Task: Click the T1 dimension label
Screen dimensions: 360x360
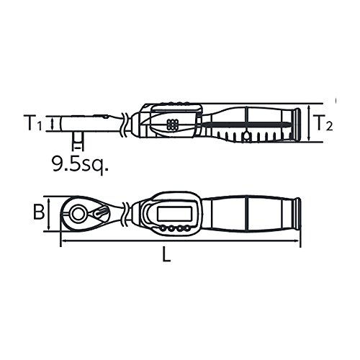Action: [x=32, y=122]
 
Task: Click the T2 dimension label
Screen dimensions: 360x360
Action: [x=323, y=122]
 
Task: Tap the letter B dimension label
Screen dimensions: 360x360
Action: [x=39, y=212]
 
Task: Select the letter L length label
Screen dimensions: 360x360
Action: [x=166, y=254]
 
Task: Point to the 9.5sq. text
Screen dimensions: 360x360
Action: [x=81, y=163]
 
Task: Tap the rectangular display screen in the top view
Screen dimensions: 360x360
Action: [x=174, y=213]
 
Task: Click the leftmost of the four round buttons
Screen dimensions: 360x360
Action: [x=163, y=228]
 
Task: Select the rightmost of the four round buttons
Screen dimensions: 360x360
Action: [x=186, y=228]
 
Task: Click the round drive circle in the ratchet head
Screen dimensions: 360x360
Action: [x=78, y=214]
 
